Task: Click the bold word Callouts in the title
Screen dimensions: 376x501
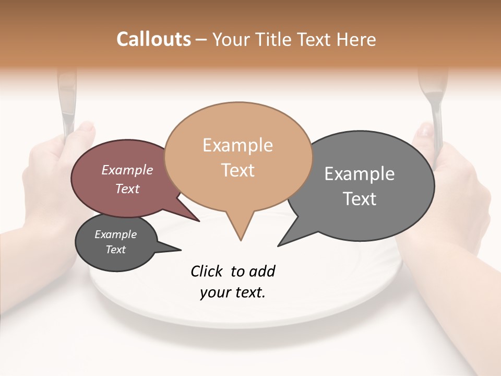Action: pos(153,39)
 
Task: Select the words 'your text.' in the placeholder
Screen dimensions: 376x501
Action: pos(233,292)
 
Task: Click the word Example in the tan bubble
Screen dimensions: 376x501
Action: pos(237,145)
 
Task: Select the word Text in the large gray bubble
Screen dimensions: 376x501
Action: pos(360,199)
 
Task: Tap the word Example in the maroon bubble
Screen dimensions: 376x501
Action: pos(127,170)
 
